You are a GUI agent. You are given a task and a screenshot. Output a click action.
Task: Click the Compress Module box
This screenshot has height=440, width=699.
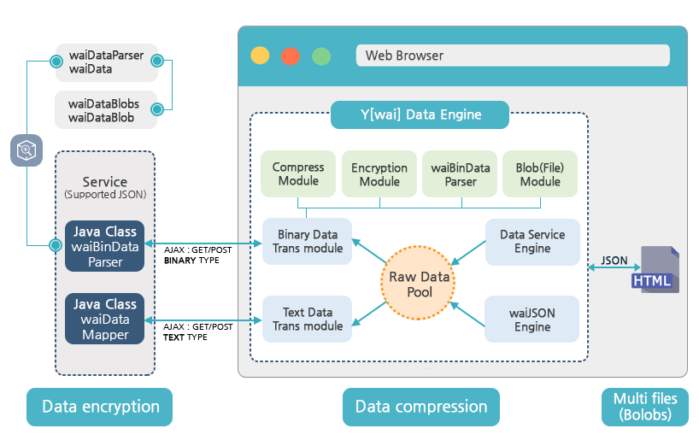click(x=298, y=174)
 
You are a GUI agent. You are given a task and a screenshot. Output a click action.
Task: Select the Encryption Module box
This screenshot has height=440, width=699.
click(x=379, y=174)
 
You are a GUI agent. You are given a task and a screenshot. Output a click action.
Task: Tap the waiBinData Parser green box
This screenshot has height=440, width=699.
click(x=461, y=174)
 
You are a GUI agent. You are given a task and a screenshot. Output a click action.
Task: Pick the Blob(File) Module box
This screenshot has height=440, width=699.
click(x=540, y=174)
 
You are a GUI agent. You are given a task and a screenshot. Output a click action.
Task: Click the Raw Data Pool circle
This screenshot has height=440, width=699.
click(x=420, y=285)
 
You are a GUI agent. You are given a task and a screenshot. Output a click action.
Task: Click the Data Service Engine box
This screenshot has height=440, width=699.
click(x=532, y=242)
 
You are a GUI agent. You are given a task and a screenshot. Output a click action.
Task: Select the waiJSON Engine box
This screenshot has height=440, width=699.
click(x=532, y=319)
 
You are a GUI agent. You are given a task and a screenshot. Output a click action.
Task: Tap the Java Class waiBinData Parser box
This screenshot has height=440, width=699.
click(x=105, y=247)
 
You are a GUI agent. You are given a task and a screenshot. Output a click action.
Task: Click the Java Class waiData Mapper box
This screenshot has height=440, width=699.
click(x=105, y=319)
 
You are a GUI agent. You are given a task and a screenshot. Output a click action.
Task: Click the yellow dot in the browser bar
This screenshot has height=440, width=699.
click(x=260, y=56)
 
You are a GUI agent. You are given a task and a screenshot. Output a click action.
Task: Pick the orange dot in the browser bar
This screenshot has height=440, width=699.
click(x=291, y=56)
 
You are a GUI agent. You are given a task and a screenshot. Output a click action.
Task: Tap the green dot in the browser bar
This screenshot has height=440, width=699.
click(x=321, y=56)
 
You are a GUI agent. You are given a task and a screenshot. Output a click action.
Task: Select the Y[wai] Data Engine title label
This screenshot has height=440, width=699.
click(x=419, y=114)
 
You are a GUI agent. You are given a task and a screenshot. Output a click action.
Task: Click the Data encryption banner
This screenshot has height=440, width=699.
click(x=100, y=407)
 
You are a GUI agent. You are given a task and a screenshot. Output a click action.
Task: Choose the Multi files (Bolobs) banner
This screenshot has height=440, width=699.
click(x=645, y=407)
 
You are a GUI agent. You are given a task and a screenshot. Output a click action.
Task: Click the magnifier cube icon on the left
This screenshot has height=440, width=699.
click(x=26, y=150)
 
